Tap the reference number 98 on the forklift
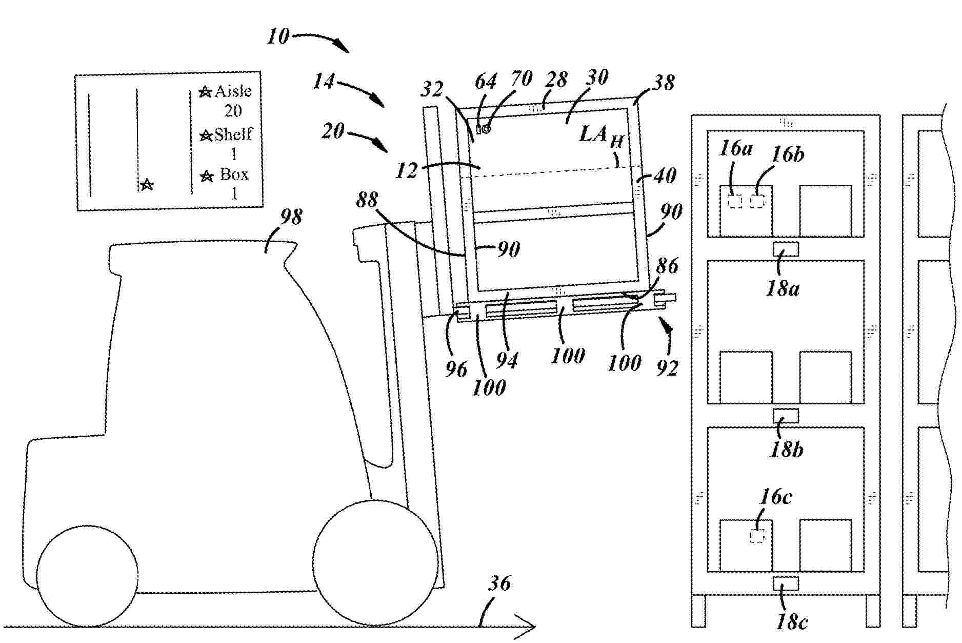click(291, 217)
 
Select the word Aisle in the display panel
click(233, 91)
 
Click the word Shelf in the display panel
click(233, 134)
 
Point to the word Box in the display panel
click(234, 174)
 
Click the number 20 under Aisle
click(233, 111)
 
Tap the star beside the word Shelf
click(206, 135)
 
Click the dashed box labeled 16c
click(757, 536)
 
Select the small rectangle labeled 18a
click(786, 249)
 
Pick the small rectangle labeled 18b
click(786, 416)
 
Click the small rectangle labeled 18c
click(786, 583)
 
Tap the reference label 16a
click(736, 149)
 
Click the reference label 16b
click(788, 154)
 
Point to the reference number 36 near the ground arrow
click(500, 583)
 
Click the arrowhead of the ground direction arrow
click(528, 626)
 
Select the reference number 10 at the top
click(278, 37)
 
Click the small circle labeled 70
click(486, 129)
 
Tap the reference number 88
click(367, 200)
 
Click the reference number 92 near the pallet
click(667, 367)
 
